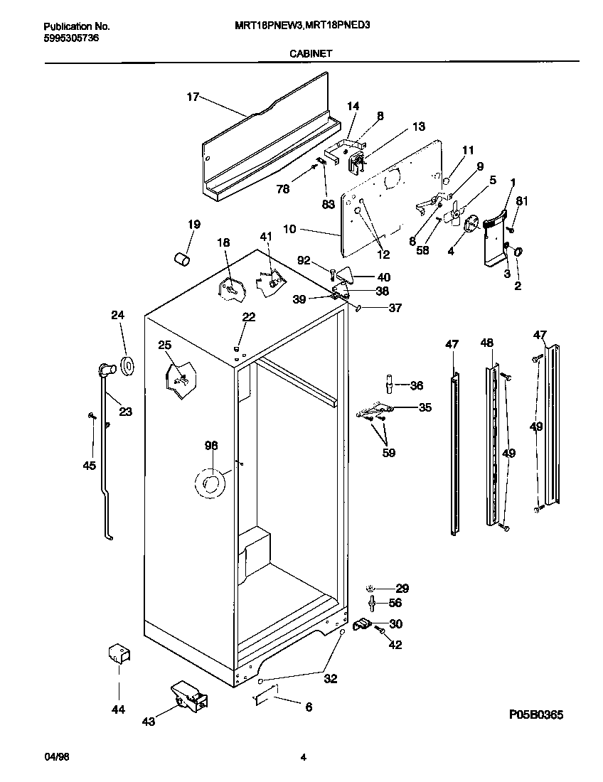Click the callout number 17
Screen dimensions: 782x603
[x=193, y=97]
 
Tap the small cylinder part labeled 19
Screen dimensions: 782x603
[x=183, y=257]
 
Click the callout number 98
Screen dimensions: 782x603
[x=211, y=446]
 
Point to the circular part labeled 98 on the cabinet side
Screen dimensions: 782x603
[x=210, y=484]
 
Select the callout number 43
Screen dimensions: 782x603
[x=149, y=721]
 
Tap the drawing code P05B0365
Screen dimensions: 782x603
[x=536, y=714]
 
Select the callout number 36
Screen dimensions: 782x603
[x=417, y=385]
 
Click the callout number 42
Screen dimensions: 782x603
[x=395, y=645]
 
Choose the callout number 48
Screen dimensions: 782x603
[x=486, y=343]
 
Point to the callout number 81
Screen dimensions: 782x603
[x=522, y=201]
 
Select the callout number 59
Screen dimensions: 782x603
[x=388, y=451]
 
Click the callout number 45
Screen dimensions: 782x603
[x=89, y=466]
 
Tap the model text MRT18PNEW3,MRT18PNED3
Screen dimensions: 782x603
[x=302, y=24]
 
